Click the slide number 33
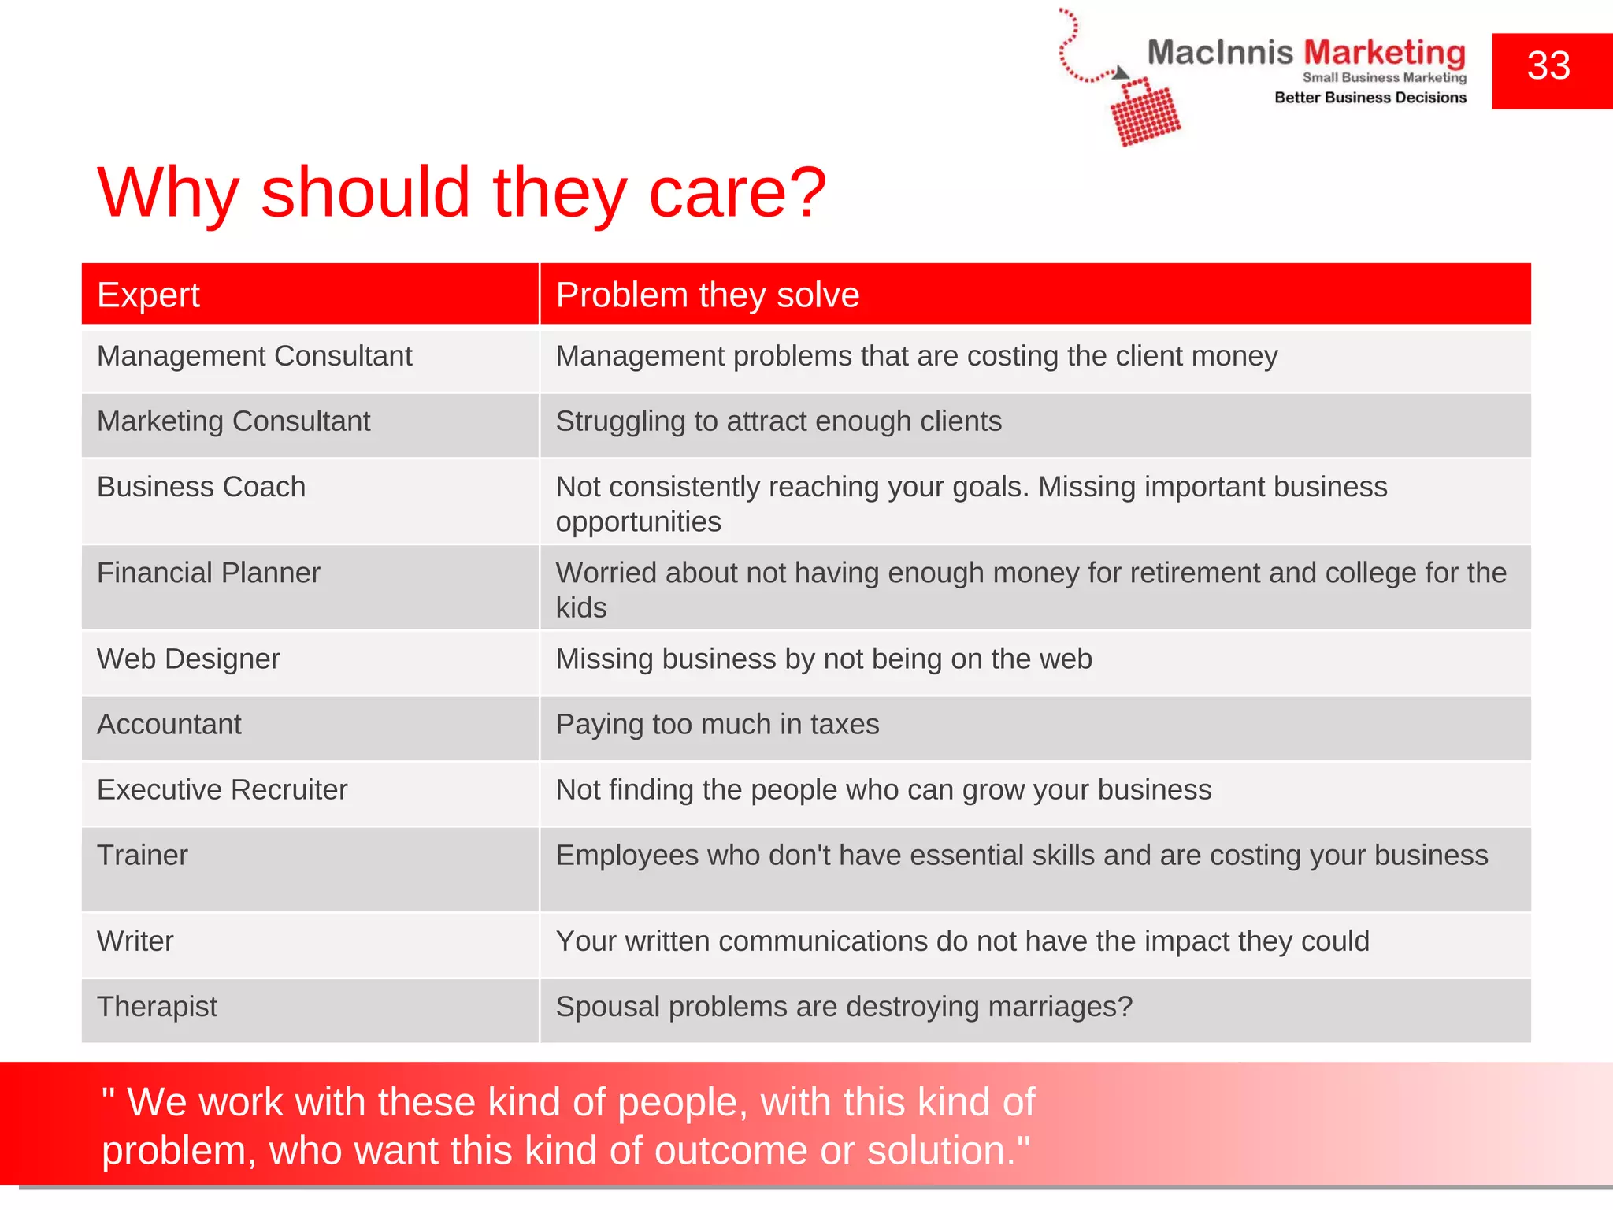tap(1548, 66)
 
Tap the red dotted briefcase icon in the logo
tap(1144, 113)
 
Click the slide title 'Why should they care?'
tap(462, 193)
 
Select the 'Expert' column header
tap(148, 295)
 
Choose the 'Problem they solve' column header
tap(707, 295)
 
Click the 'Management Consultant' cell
tap(254, 356)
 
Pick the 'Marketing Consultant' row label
tap(233, 421)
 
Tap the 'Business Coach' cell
tap(201, 487)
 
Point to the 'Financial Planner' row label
tap(208, 573)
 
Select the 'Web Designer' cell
tap(188, 659)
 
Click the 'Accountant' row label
tap(169, 725)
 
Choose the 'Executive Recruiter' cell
tap(222, 790)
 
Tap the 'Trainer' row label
tap(143, 856)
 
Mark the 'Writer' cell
tap(135, 941)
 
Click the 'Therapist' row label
tap(157, 1007)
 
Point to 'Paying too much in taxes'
tap(718, 725)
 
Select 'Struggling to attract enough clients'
tap(779, 421)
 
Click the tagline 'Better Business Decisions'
tap(1370, 98)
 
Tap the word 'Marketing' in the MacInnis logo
tap(1385, 53)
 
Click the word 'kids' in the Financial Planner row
tap(581, 608)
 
